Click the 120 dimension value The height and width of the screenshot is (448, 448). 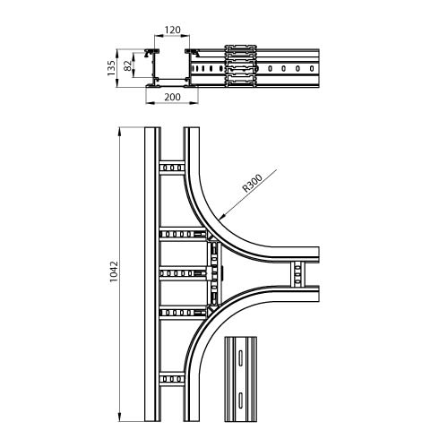click(x=173, y=30)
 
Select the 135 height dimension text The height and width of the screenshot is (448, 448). click(x=111, y=68)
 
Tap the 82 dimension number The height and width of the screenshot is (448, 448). click(x=127, y=65)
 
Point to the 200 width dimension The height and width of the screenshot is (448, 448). click(x=173, y=97)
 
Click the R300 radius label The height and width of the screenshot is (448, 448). click(x=253, y=183)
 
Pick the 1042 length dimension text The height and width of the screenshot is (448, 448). click(x=114, y=271)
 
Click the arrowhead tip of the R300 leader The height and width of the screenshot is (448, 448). click(x=220, y=220)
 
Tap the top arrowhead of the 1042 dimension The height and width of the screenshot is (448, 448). click(x=120, y=128)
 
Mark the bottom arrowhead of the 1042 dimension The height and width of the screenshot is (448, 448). click(x=120, y=421)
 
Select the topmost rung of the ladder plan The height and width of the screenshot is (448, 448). click(x=172, y=168)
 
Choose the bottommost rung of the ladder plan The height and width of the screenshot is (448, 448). click(x=172, y=379)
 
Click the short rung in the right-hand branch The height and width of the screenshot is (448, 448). click(x=297, y=274)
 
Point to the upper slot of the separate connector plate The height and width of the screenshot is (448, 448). click(x=240, y=357)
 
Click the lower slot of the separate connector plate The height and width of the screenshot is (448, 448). click(x=240, y=400)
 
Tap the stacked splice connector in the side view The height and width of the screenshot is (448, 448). click(x=241, y=66)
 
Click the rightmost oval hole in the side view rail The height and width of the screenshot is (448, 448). click(x=312, y=68)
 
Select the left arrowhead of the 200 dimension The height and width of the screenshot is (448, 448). click(x=146, y=103)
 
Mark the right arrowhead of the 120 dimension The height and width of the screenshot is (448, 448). click(x=189, y=36)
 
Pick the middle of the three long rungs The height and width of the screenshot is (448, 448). click(x=183, y=273)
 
